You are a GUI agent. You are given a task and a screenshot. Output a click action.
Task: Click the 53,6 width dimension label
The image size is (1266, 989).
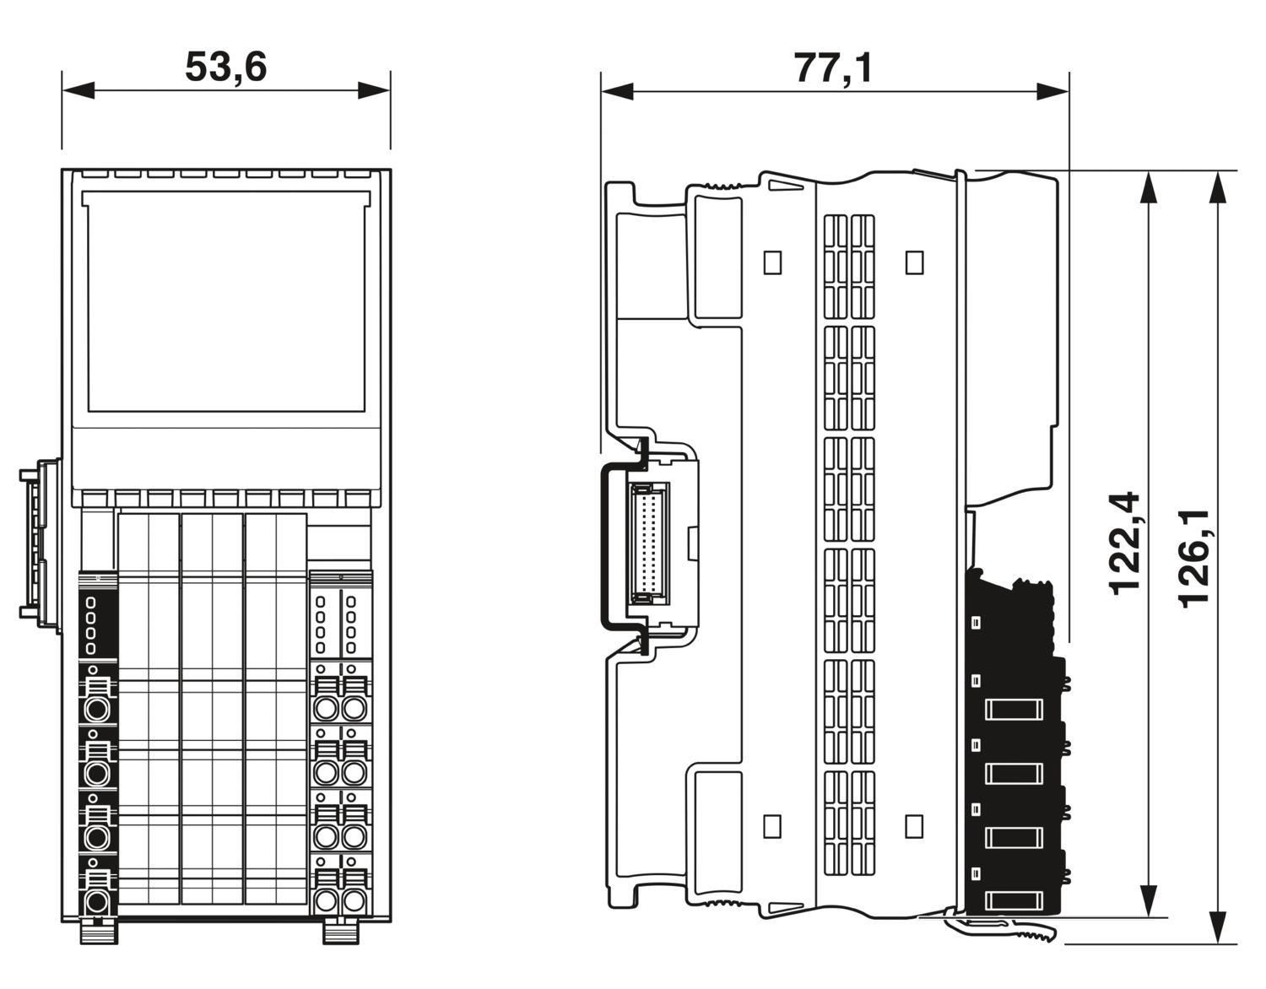pyautogui.click(x=226, y=67)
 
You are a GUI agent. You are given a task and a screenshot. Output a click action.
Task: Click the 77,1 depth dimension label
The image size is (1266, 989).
pyautogui.click(x=834, y=68)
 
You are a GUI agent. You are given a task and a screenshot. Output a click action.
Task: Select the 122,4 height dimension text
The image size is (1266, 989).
pyautogui.click(x=1124, y=543)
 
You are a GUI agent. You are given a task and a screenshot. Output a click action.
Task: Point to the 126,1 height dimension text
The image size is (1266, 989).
pyautogui.click(x=1193, y=559)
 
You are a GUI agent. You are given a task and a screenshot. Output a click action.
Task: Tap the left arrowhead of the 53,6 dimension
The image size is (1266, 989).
pyautogui.click(x=78, y=90)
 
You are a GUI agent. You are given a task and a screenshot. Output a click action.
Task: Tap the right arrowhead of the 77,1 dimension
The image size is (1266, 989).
pyautogui.click(x=1052, y=91)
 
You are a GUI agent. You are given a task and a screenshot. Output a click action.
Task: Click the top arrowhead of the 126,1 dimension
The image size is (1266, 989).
pyautogui.click(x=1218, y=187)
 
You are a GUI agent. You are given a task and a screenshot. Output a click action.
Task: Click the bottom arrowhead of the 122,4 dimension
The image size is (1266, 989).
pyautogui.click(x=1149, y=901)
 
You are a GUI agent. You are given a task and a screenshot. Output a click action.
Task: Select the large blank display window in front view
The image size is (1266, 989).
pyautogui.click(x=226, y=301)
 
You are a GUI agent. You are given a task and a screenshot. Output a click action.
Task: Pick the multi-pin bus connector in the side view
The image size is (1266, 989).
pyautogui.click(x=648, y=543)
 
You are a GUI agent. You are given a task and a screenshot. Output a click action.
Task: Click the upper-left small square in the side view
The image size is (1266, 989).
pyautogui.click(x=772, y=262)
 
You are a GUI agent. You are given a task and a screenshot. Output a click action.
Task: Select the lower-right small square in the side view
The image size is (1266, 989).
pyautogui.click(x=914, y=826)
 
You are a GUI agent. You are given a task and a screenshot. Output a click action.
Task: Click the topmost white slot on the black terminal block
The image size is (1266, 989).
pyautogui.click(x=1014, y=710)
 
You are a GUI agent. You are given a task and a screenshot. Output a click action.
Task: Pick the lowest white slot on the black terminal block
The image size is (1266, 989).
pyautogui.click(x=1014, y=901)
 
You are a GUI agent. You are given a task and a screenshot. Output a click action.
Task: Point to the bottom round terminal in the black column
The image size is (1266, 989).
pyautogui.click(x=96, y=902)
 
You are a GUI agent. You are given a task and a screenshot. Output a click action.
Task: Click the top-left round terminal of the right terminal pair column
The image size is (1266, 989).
pyautogui.click(x=326, y=708)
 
